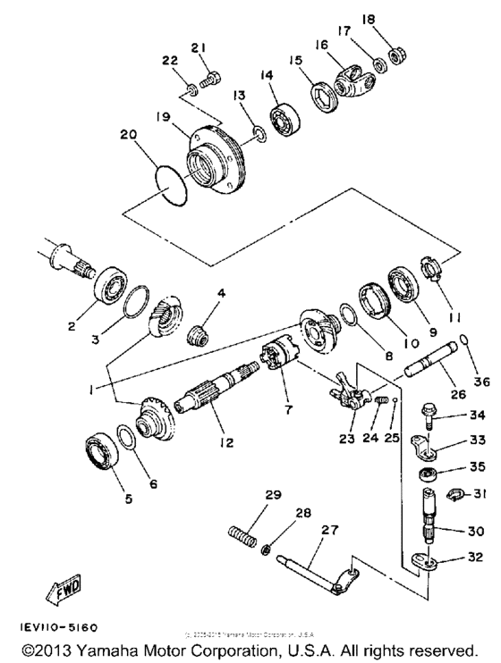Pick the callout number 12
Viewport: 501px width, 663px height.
217,441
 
